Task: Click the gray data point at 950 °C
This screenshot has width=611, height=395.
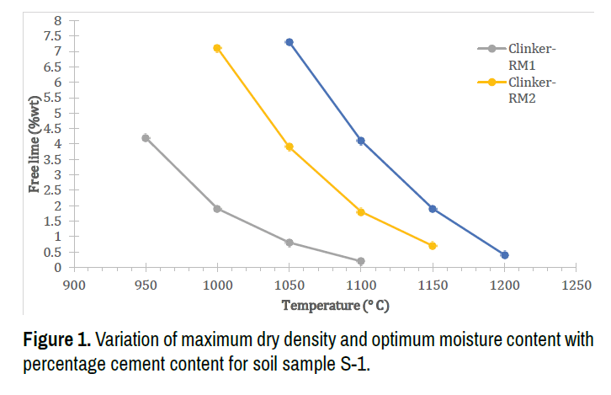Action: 146,138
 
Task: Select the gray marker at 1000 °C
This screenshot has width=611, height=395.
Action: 217,209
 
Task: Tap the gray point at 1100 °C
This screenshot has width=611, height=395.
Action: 361,261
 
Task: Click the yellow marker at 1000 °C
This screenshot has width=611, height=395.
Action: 217,49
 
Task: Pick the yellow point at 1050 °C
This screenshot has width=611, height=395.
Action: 290,147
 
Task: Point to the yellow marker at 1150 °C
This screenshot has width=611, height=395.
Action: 433,246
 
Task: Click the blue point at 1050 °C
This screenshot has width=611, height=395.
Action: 290,42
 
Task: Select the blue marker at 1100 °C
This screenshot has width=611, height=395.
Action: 361,141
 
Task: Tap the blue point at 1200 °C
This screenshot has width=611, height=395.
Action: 505,255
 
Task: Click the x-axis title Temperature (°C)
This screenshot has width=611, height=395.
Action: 335,306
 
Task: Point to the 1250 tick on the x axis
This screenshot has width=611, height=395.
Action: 576,286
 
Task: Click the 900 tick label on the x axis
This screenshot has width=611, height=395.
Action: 74,286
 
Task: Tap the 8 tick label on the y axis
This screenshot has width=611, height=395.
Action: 58,20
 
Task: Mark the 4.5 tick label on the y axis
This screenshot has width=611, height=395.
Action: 52,128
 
